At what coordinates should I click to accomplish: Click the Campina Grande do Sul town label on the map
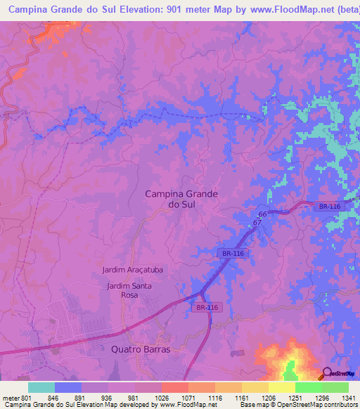(181, 199)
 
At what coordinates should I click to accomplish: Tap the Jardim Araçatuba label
(131, 270)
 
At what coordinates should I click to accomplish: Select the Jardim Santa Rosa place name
(129, 290)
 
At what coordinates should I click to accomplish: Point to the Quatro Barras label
(141, 349)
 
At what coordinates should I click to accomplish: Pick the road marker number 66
(262, 214)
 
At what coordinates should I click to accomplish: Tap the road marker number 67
(257, 222)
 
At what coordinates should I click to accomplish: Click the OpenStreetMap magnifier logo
(327, 373)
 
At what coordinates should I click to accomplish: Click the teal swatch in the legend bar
(41, 387)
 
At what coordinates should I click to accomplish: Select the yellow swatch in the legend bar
(282, 387)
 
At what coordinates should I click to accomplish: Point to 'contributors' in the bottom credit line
(340, 405)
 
